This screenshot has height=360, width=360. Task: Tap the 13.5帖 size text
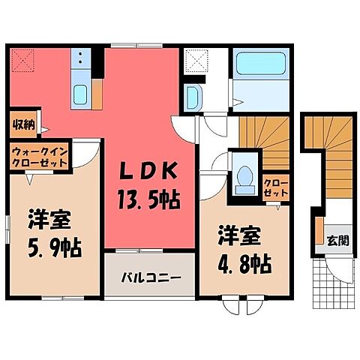coord(149,200)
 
